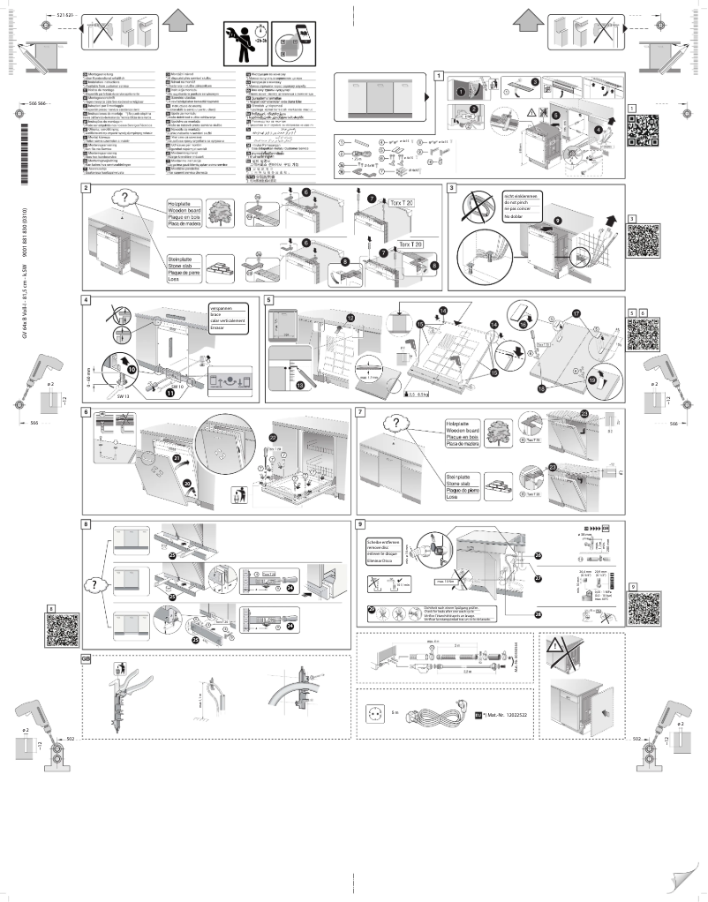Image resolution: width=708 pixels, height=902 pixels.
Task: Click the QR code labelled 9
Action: pyautogui.click(x=645, y=607)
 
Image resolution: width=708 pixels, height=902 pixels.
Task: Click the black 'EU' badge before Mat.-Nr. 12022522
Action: pyautogui.click(x=478, y=714)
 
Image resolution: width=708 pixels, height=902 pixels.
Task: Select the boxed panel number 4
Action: pyautogui.click(x=86, y=300)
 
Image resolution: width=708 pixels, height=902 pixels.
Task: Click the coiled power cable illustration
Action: pyautogui.click(x=433, y=713)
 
